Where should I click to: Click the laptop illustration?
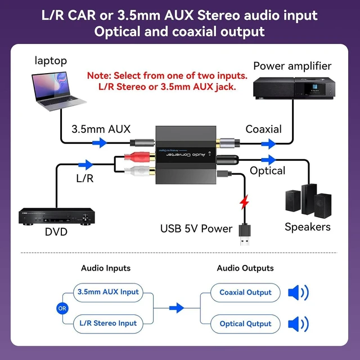click(58, 91)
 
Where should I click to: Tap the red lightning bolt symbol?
click(244, 202)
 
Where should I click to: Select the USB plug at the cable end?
click(245, 235)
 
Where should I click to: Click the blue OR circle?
click(62, 308)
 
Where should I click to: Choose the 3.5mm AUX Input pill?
click(108, 292)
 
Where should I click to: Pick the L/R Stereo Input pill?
click(108, 324)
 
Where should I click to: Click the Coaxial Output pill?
click(245, 292)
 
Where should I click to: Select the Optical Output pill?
click(245, 324)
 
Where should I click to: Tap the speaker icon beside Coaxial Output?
click(299, 292)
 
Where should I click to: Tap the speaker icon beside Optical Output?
click(299, 324)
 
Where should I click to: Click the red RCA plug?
click(139, 157)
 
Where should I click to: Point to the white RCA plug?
click(139, 171)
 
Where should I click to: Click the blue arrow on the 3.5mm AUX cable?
click(100, 143)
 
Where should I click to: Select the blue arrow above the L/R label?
click(85, 165)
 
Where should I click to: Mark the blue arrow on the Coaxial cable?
click(269, 144)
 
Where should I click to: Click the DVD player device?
click(57, 217)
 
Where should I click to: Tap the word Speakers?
click(308, 227)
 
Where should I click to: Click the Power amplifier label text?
click(292, 66)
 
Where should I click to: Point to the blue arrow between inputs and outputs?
click(177, 308)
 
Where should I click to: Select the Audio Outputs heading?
click(245, 268)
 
